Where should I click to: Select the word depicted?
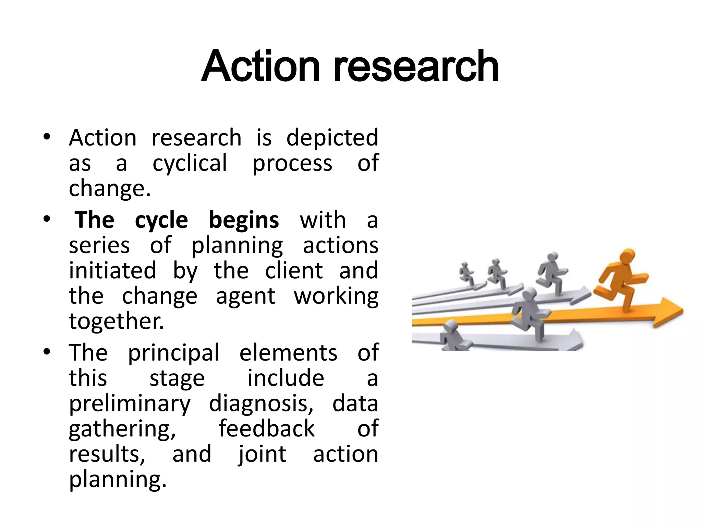point(332,138)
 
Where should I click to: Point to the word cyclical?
point(190,163)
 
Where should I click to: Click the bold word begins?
point(244,220)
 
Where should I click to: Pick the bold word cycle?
point(161,221)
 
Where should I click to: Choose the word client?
point(294,270)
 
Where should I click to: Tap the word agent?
point(245,296)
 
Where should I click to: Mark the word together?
point(117,321)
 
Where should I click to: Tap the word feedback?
point(267,429)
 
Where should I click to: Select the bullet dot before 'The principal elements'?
point(47,352)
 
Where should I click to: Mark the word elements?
point(288,353)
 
